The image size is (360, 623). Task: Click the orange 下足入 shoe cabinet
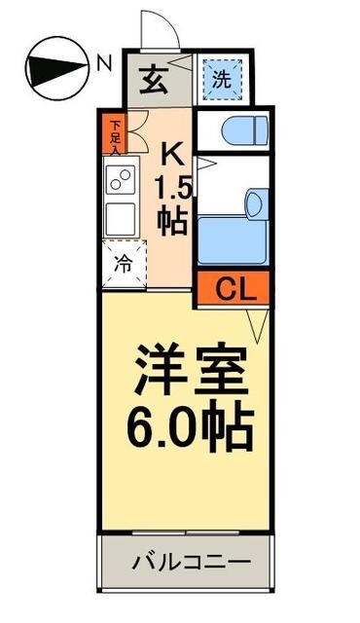coord(115,135)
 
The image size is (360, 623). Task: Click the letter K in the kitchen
coord(171,155)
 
